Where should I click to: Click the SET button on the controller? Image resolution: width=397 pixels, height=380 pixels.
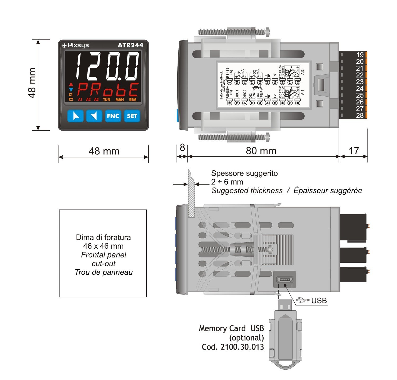click(x=132, y=116)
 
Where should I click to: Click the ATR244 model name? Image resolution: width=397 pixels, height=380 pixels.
click(x=130, y=45)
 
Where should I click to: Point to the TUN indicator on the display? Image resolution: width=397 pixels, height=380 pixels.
click(x=106, y=100)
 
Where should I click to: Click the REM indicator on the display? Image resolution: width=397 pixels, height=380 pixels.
click(x=133, y=100)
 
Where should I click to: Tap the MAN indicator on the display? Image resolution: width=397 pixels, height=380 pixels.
click(x=120, y=100)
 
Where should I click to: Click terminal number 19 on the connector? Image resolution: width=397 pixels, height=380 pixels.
click(x=360, y=55)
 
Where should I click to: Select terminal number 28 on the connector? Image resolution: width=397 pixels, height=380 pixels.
click(x=360, y=115)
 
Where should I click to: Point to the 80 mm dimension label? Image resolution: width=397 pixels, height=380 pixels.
click(x=261, y=151)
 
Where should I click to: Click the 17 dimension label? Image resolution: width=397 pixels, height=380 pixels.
click(x=354, y=151)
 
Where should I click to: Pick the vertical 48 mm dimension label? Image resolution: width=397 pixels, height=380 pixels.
click(x=32, y=83)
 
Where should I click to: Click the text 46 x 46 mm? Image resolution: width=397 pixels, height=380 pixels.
click(x=103, y=246)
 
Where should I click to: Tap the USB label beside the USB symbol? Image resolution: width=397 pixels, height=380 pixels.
click(x=319, y=301)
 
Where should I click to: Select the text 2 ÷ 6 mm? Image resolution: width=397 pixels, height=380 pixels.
click(x=227, y=182)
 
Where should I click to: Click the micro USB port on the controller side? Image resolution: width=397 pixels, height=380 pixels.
click(x=285, y=279)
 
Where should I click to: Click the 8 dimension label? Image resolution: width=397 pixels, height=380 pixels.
click(x=182, y=147)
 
